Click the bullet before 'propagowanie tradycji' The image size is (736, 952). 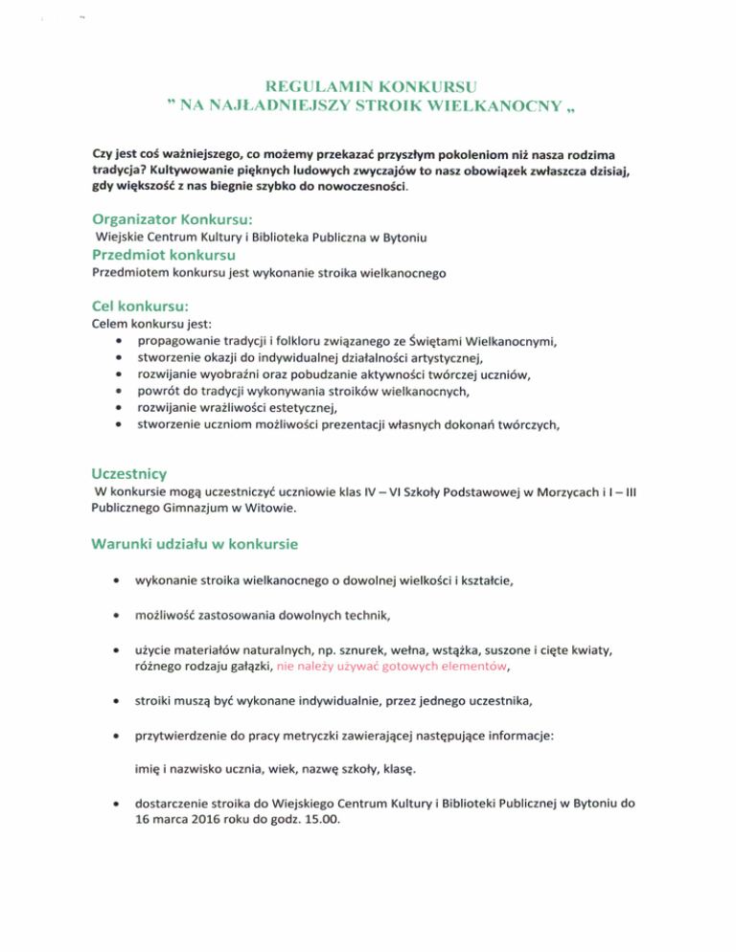tap(117, 342)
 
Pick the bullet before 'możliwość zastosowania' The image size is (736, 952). tap(117, 614)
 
